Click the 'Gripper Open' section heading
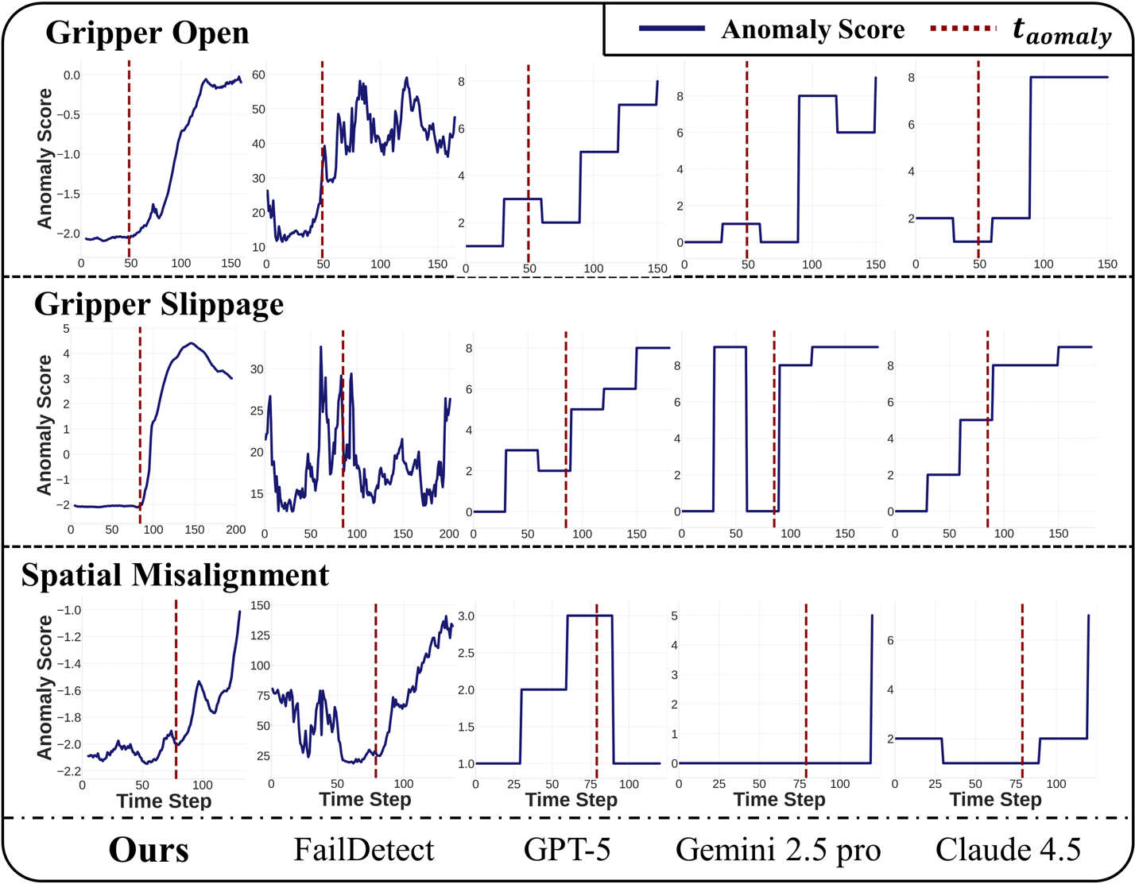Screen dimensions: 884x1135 [x=147, y=33]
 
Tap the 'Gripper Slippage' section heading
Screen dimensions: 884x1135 [x=159, y=303]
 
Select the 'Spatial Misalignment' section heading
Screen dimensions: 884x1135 [x=175, y=575]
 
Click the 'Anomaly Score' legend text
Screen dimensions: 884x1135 [x=812, y=29]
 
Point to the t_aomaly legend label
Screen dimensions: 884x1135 [x=1062, y=31]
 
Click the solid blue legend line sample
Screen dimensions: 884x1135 [x=672, y=29]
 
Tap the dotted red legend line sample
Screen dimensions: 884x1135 [x=963, y=29]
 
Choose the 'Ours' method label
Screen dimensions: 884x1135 [x=149, y=850]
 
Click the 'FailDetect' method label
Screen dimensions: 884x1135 [x=364, y=850]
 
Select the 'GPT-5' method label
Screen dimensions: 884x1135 [x=567, y=850]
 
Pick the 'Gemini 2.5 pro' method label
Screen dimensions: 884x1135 [x=778, y=850]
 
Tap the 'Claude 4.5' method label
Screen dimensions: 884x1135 [x=1008, y=850]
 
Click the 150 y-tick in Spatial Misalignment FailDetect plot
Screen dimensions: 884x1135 [x=261, y=605]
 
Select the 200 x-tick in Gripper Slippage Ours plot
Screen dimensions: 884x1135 [x=236, y=530]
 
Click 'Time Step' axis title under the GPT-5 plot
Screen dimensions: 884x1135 [x=571, y=800]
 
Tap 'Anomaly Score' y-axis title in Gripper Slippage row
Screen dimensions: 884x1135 [x=45, y=425]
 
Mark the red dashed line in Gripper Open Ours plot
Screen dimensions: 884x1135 [x=129, y=159]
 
